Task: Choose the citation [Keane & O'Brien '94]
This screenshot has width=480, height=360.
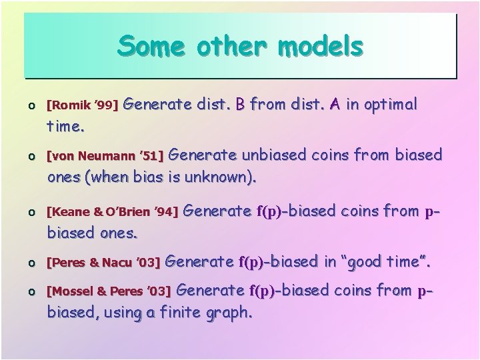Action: click(x=111, y=213)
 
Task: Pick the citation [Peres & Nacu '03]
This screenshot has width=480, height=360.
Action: click(x=103, y=263)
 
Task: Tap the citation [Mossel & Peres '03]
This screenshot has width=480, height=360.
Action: click(x=108, y=291)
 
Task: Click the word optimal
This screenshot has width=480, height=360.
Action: click(x=389, y=105)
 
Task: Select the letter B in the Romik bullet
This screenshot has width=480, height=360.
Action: click(x=241, y=105)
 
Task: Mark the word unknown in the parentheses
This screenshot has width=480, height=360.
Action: click(x=221, y=178)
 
